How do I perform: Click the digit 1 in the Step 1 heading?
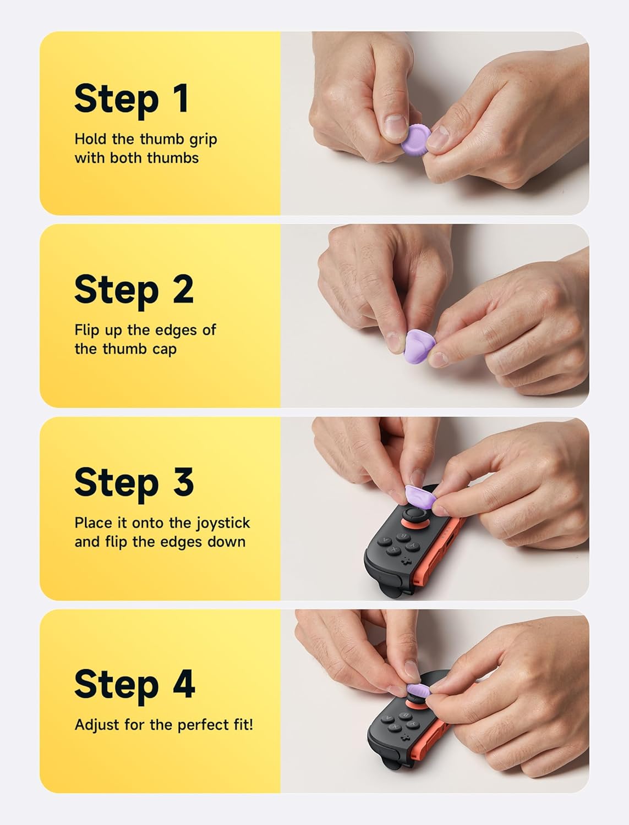click(179, 98)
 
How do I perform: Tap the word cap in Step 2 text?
click(164, 349)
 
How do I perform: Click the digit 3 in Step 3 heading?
click(183, 482)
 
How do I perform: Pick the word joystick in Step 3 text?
click(222, 523)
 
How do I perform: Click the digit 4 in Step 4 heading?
click(184, 684)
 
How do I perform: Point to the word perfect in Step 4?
click(205, 725)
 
